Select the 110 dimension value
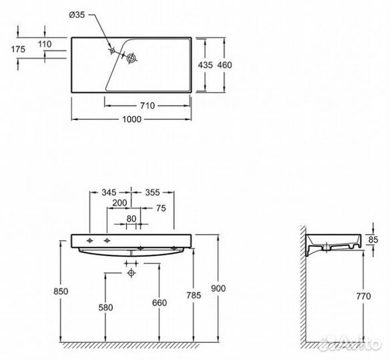click(45, 43)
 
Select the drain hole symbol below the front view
click(132, 273)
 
